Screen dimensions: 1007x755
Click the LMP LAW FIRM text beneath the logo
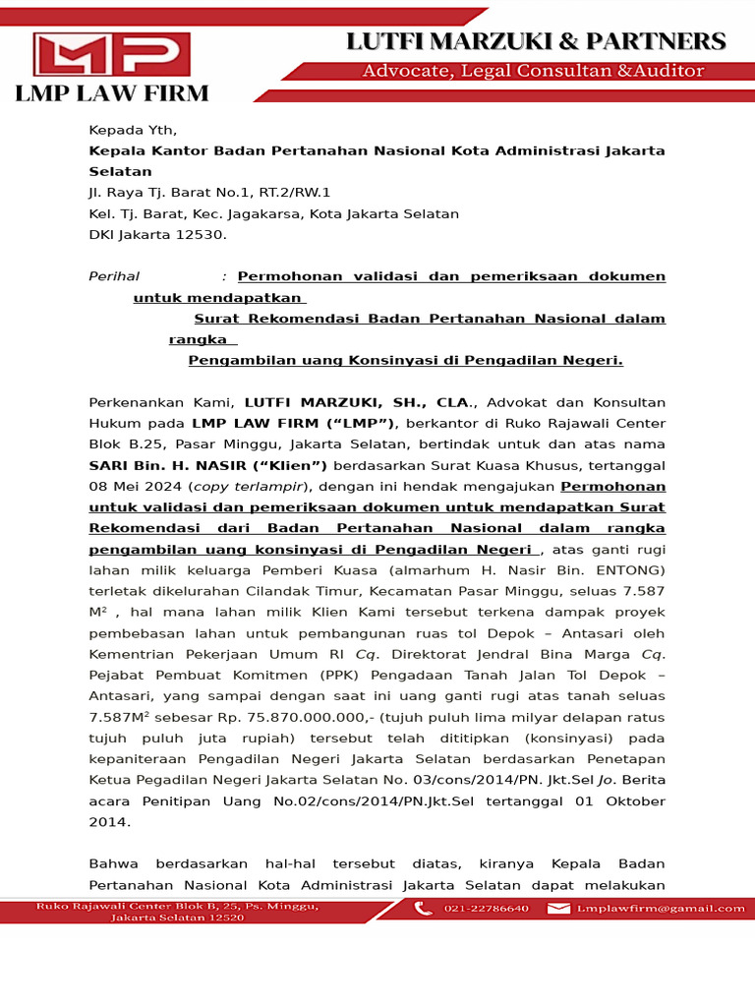[111, 94]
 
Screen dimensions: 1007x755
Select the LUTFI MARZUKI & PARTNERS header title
[535, 41]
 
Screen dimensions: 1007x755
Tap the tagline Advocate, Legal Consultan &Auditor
[533, 71]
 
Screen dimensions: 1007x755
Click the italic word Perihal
[114, 276]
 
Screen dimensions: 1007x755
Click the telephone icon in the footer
[424, 909]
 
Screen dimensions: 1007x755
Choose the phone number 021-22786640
[487, 909]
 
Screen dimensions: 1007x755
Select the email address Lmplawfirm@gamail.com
[661, 909]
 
